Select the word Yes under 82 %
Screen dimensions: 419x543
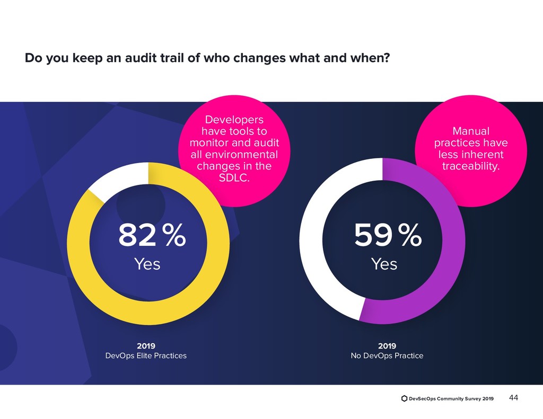(147, 263)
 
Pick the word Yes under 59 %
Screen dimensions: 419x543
(384, 263)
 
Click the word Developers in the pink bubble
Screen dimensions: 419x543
(234, 119)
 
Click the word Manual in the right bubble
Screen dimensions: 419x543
(471, 131)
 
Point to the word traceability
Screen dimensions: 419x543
(471, 167)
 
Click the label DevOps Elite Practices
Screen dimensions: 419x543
(146, 355)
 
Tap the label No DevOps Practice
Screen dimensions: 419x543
(387, 355)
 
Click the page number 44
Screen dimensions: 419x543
(513, 398)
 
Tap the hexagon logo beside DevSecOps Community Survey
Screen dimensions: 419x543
(405, 398)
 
